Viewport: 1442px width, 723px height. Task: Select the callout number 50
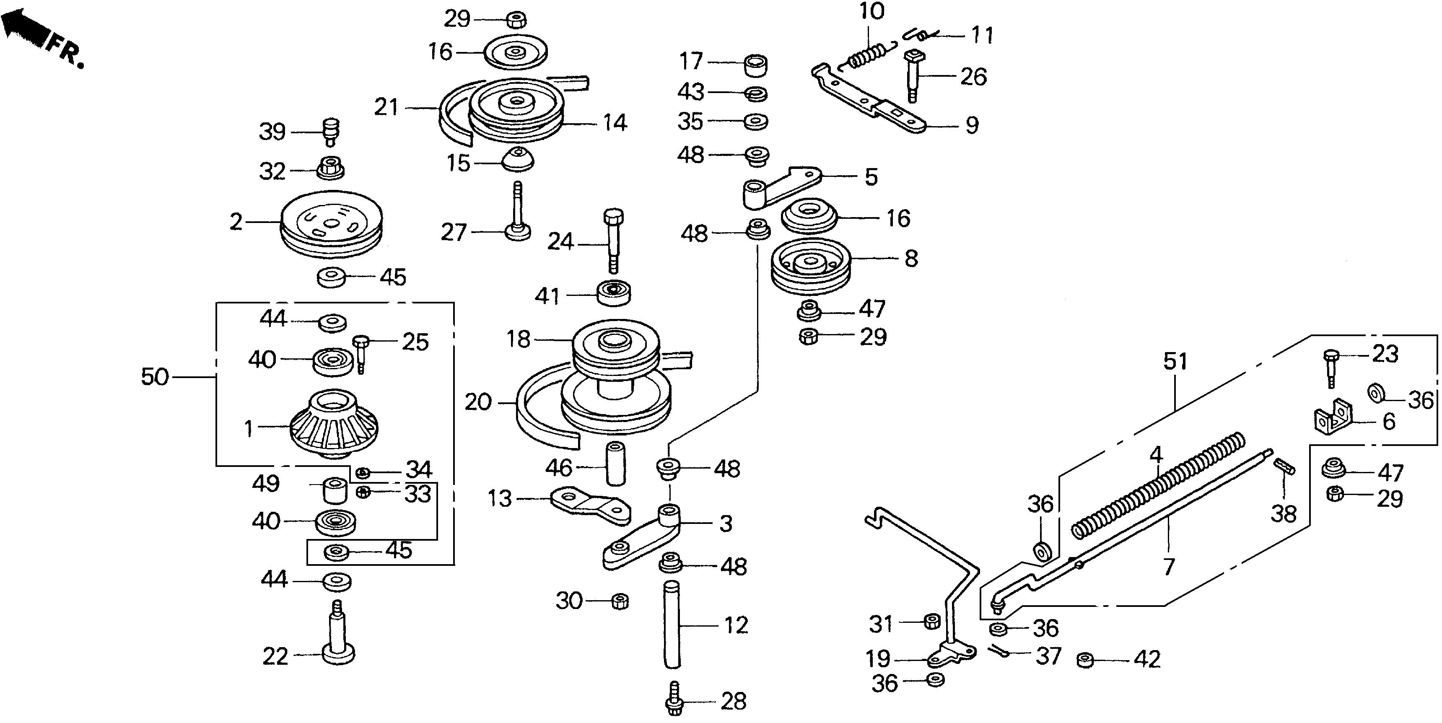click(x=155, y=377)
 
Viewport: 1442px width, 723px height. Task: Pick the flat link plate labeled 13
click(x=591, y=506)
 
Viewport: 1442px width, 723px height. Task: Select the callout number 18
click(x=518, y=339)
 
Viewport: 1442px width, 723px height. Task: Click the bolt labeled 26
click(x=913, y=75)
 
